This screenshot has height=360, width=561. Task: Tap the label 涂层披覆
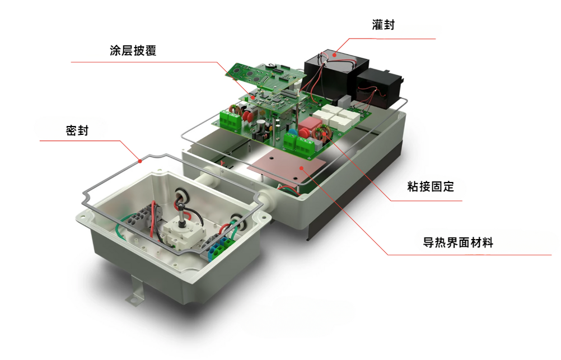point(133,50)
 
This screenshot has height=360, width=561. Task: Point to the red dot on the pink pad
point(301,167)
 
